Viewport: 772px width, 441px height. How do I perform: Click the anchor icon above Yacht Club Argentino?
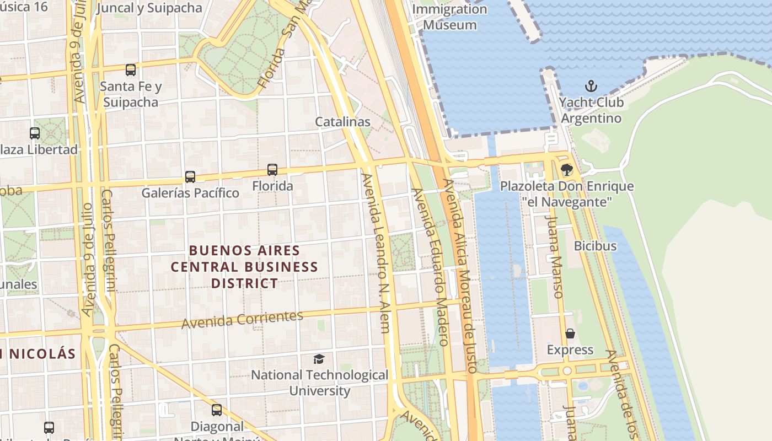(x=591, y=86)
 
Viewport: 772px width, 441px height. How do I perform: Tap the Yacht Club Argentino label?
(x=591, y=110)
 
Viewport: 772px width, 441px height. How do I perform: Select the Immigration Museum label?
(x=450, y=17)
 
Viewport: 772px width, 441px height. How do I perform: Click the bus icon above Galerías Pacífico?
(x=190, y=177)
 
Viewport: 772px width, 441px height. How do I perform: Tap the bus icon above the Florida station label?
(x=272, y=170)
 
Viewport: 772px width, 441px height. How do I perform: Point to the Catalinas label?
(x=342, y=122)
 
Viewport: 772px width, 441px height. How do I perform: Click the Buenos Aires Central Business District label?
(x=244, y=267)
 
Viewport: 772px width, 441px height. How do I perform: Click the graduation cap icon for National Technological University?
(x=319, y=359)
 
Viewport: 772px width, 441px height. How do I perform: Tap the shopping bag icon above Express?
(x=570, y=334)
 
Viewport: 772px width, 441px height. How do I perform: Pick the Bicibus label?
(x=595, y=246)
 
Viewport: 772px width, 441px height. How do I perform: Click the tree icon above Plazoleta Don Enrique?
(x=566, y=170)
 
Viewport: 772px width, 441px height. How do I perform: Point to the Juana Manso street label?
(x=554, y=256)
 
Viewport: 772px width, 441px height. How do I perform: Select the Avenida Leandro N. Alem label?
(x=377, y=254)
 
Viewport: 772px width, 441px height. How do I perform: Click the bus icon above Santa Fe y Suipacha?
(x=131, y=70)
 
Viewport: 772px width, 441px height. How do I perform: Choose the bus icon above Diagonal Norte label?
(x=217, y=410)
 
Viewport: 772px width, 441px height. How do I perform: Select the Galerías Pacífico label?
(x=190, y=193)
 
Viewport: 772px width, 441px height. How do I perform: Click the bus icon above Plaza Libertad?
(x=35, y=133)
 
